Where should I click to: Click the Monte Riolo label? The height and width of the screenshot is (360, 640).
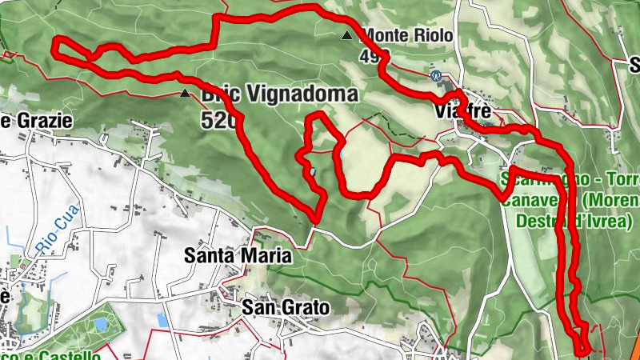click(408, 35)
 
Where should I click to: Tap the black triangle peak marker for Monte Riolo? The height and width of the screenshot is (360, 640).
click(346, 35)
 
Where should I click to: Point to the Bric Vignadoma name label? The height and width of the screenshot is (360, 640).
click(278, 94)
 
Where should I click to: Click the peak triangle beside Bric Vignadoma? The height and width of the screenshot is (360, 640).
click(186, 94)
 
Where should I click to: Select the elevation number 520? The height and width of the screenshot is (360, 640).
click(218, 121)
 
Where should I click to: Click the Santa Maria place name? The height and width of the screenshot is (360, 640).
click(238, 257)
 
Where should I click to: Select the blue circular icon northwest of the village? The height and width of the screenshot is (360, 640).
click(436, 76)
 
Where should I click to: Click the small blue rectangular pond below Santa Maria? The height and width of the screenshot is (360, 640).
click(163, 320)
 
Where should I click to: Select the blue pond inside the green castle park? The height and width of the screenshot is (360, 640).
click(101, 325)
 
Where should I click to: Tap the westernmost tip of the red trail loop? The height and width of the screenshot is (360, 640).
click(54, 47)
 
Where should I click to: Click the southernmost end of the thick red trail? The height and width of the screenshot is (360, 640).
click(583, 350)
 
